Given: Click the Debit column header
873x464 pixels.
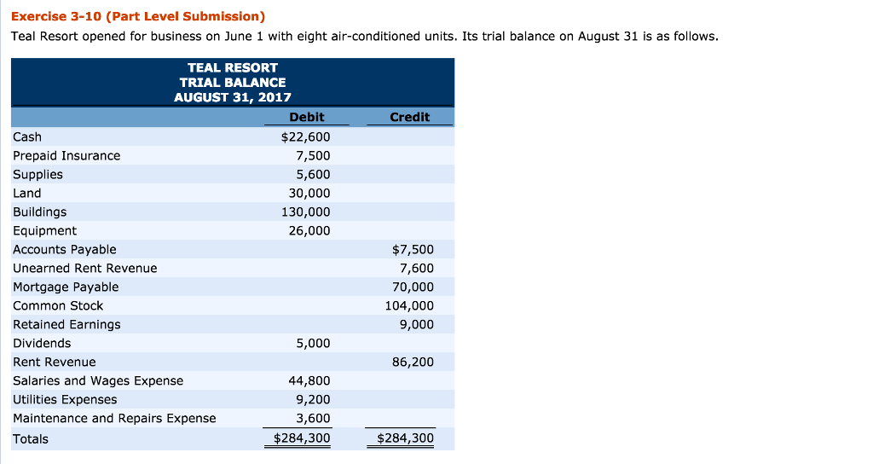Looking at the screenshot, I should tap(307, 117).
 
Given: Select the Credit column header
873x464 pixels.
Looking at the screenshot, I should tap(409, 117).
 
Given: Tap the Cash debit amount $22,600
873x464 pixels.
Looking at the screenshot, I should tap(305, 136).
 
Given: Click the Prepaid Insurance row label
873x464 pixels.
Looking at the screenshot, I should tap(66, 155).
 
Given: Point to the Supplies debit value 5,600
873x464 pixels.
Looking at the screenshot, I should tap(313, 174).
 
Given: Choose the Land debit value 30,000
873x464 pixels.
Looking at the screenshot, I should tap(309, 193).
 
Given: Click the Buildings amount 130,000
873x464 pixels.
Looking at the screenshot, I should tap(306, 212).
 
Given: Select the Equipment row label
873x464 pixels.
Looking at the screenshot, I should tap(44, 230).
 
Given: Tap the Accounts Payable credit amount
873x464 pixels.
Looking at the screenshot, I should tap(413, 249).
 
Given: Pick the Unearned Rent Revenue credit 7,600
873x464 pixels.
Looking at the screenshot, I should tap(416, 268).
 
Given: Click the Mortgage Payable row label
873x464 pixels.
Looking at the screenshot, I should tap(66, 287).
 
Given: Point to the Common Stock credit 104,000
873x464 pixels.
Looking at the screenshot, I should tap(409, 305).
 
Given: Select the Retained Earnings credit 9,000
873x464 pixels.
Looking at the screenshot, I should tap(416, 324).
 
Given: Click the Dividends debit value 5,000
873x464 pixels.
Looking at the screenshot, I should tap(313, 343).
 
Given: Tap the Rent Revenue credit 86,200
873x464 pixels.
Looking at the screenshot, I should tap(413, 362).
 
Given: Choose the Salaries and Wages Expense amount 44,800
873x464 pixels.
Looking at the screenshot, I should tap(309, 380).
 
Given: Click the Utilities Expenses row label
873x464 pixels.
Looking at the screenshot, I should tap(65, 399).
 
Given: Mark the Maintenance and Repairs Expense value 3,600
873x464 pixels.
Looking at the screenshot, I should tap(313, 418).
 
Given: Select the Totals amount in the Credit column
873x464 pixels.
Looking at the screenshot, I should tap(405, 439).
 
